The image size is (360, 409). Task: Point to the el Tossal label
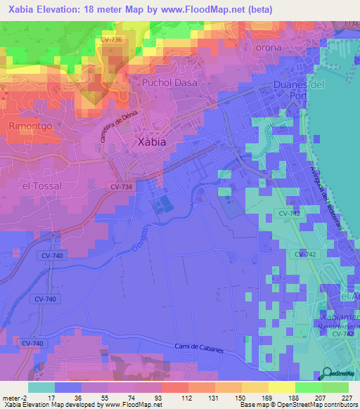[42, 186]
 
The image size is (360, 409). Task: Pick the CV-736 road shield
[111, 40]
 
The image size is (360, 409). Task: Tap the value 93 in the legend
[148, 397]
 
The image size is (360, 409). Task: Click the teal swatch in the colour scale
[41, 387]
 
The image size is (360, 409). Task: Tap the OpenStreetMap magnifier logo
[328, 374]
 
